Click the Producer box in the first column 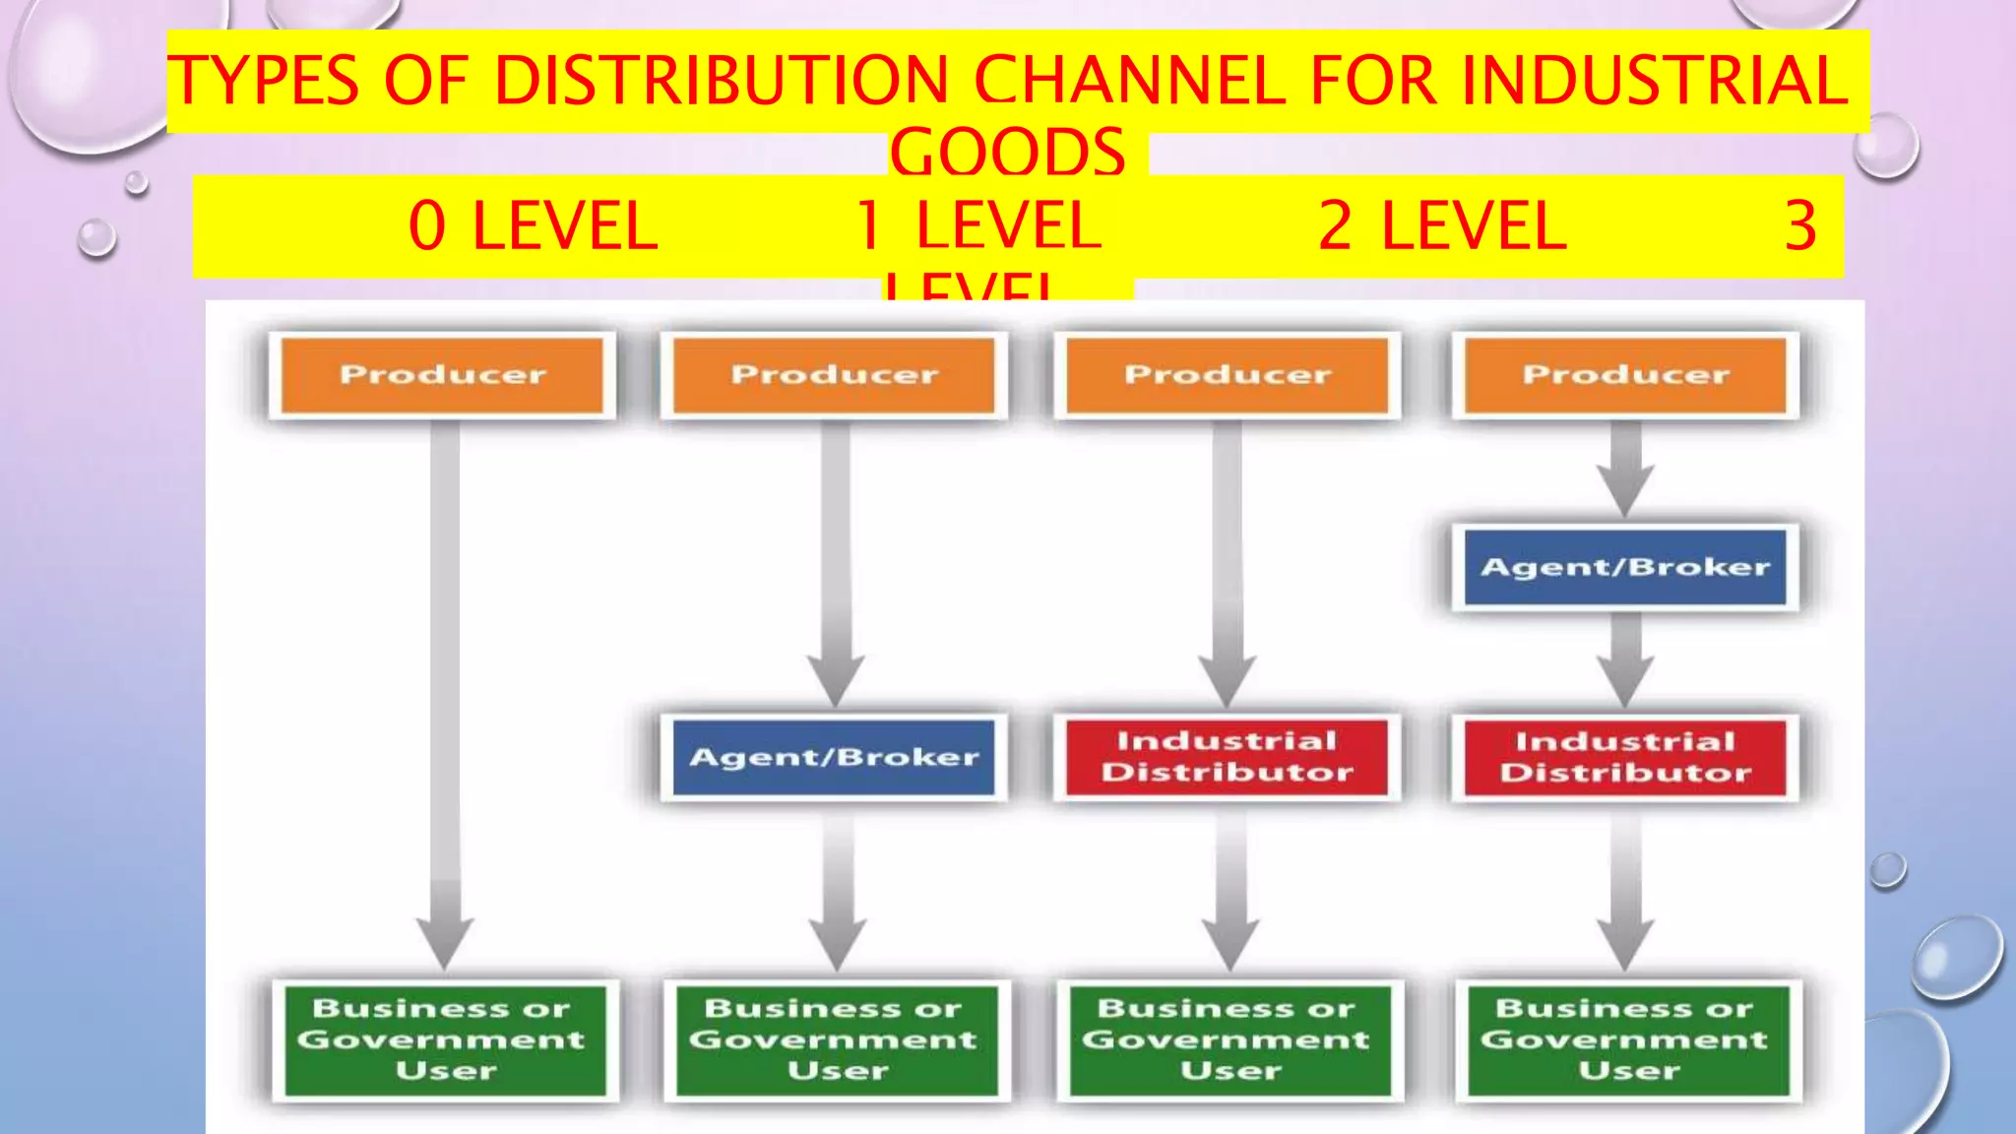442,375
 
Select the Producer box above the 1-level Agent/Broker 834,375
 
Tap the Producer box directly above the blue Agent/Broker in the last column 1625,375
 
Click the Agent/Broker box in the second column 834,757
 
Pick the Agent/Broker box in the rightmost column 1625,567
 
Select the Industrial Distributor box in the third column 1228,757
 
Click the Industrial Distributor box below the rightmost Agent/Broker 1625,757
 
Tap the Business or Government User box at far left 444,1039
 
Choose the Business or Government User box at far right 1627,1039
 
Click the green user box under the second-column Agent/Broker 835,1039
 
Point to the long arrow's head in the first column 445,940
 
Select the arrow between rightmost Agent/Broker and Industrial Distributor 1625,660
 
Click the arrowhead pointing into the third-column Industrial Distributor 1227,679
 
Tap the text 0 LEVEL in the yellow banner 533,226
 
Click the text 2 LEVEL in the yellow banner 1442,226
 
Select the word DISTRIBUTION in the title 722,81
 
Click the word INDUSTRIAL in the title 1654,81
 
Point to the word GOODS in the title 1007,153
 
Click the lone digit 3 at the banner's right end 1800,226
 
